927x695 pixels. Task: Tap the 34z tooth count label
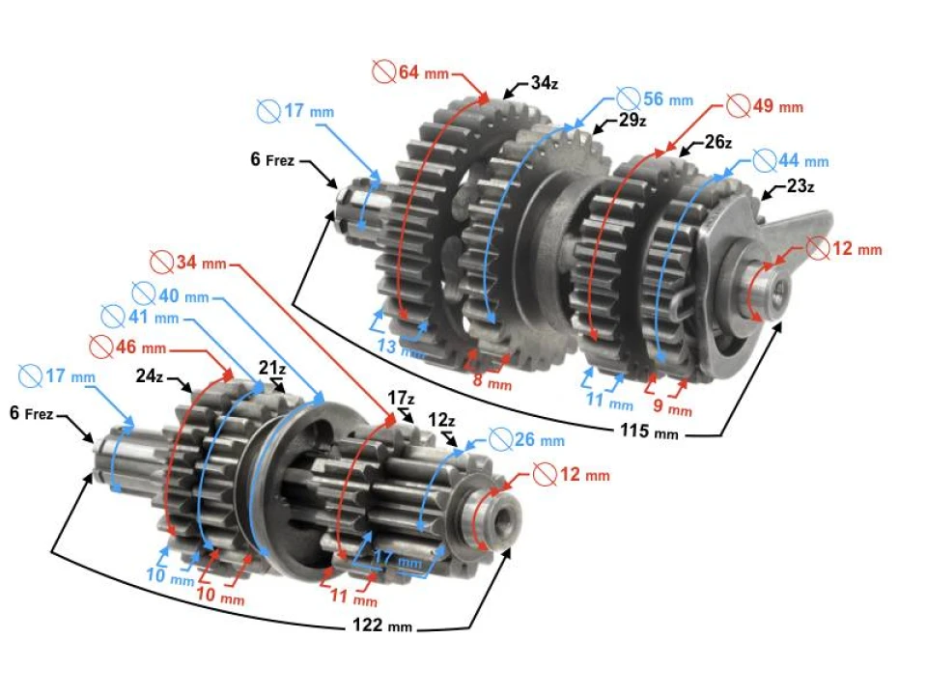544,83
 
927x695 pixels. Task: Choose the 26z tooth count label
716,142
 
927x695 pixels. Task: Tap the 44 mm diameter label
792,160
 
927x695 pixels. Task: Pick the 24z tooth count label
150,375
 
